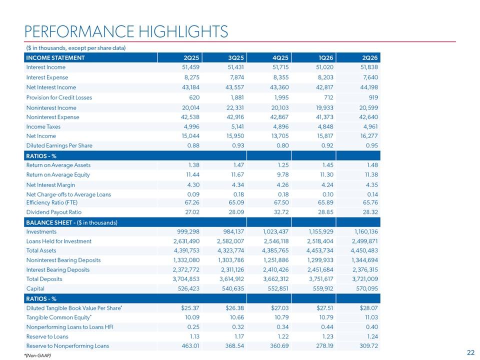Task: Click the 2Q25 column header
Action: pyautogui.click(x=191, y=58)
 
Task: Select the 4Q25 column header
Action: pyautogui.click(x=280, y=58)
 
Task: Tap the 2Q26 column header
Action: pyautogui.click(x=370, y=58)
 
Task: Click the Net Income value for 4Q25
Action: pyautogui.click(x=280, y=136)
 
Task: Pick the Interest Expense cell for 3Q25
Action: pyautogui.click(x=235, y=77)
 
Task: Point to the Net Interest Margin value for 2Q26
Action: pyautogui.click(x=372, y=185)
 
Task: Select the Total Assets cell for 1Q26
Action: pyautogui.click(x=320, y=250)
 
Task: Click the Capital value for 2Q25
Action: pyautogui.click(x=188, y=288)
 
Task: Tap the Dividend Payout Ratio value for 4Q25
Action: pyautogui.click(x=281, y=212)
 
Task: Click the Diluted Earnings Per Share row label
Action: pyautogui.click(x=59, y=145)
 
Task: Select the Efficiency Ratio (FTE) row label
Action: pyautogui.click(x=51, y=202)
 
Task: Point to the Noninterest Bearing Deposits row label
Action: pyautogui.click(x=63, y=260)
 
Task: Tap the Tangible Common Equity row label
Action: pyautogui.click(x=59, y=317)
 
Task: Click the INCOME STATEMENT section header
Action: pyautogui.click(x=55, y=58)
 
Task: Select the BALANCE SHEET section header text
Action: pyautogui.click(x=71, y=222)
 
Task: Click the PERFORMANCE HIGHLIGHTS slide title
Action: pyautogui.click(x=126, y=31)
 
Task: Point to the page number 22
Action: pyautogui.click(x=471, y=352)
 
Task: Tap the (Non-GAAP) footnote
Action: pyautogui.click(x=37, y=355)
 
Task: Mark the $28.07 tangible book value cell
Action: pyautogui.click(x=369, y=308)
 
